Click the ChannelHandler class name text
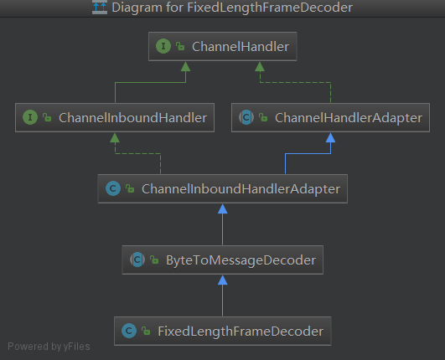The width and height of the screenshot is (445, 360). pyautogui.click(x=241, y=47)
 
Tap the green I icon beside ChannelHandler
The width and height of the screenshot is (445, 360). pyautogui.click(x=163, y=46)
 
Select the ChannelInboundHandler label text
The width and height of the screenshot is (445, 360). pyautogui.click(x=132, y=118)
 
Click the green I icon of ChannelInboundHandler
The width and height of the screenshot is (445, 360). pyautogui.click(x=30, y=117)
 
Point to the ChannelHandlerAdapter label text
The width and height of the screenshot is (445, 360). pyautogui.click(x=349, y=118)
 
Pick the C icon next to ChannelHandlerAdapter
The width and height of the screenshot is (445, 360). pyautogui.click(x=246, y=117)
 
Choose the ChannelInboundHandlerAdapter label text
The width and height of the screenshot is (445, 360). pyautogui.click(x=241, y=189)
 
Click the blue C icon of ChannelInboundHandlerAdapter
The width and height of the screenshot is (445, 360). pyautogui.click(x=113, y=188)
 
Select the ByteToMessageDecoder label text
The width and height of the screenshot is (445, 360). pyautogui.click(x=241, y=260)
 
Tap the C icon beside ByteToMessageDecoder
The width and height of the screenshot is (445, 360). pyautogui.click(x=137, y=260)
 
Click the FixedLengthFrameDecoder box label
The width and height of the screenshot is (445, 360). pyautogui.click(x=241, y=332)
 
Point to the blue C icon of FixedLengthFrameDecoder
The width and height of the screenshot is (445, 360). pyautogui.click(x=129, y=331)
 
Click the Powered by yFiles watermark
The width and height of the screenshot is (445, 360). pyautogui.click(x=49, y=347)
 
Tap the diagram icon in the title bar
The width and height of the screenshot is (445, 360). pyautogui.click(x=100, y=7)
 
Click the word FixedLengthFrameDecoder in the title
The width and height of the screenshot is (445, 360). pyautogui.click(x=270, y=8)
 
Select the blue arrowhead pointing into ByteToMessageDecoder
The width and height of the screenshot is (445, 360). pyautogui.click(x=223, y=280)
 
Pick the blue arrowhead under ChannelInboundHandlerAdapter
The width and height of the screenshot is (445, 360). pyautogui.click(x=223, y=209)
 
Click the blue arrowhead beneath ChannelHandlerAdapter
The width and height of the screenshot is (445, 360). pyautogui.click(x=331, y=138)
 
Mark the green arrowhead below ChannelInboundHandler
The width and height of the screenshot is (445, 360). pyautogui.click(x=115, y=138)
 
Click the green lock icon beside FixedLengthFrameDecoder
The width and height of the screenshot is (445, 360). pyautogui.click(x=146, y=331)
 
